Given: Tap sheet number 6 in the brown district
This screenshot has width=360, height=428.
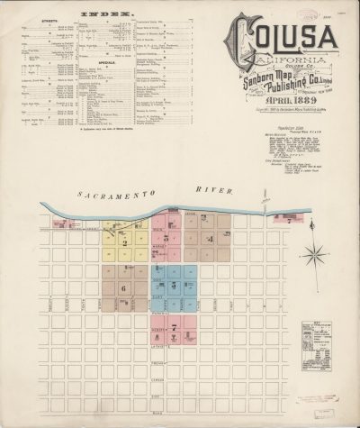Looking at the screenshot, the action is pos(121,288).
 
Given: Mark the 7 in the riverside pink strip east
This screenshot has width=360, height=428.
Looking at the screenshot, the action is pos(289,218).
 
